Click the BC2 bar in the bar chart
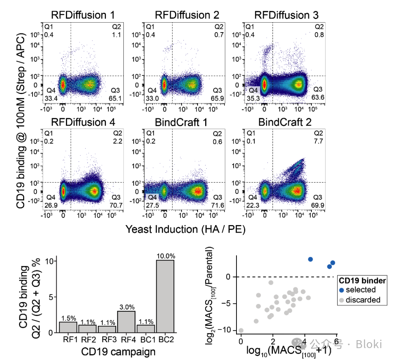[165, 296]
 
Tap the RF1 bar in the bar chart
[68, 327]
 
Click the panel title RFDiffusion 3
[286, 15]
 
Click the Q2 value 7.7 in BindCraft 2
[319, 141]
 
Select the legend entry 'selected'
[360, 290]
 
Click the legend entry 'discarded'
[363, 300]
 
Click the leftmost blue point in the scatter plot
[310, 259]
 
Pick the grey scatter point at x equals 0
[241, 330]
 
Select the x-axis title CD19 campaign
[118, 351]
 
